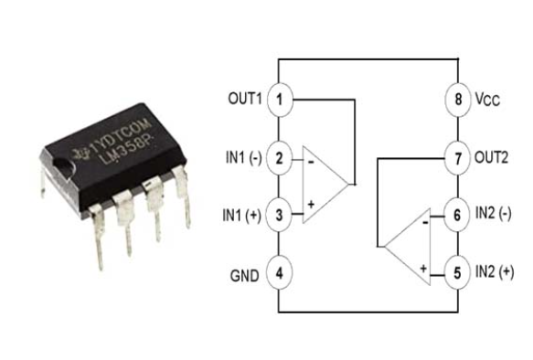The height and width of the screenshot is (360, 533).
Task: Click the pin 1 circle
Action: click(x=281, y=98)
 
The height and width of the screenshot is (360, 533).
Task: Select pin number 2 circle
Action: click(x=281, y=157)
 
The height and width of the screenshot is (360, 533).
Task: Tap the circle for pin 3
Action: click(x=281, y=216)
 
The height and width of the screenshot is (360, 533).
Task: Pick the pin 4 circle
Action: click(x=281, y=273)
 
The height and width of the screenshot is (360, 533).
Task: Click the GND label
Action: click(x=245, y=273)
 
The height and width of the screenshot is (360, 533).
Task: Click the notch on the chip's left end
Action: click(x=60, y=166)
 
